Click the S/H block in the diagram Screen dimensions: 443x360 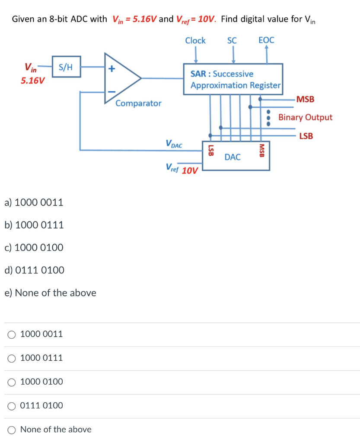coord(66,67)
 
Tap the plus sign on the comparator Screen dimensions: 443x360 coord(112,68)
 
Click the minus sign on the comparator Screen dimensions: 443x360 coord(112,91)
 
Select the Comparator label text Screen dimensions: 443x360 coord(138,103)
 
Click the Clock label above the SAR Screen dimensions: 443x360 coord(195,41)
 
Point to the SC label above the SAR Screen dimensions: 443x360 coord(232,41)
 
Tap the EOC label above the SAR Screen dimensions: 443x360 coord(266,41)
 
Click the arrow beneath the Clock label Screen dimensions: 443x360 coord(196,55)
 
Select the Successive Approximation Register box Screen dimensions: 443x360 coord(234,80)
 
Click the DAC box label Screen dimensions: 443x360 coord(233,157)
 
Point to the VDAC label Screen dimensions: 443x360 coord(174,144)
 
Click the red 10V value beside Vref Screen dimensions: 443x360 coord(190,170)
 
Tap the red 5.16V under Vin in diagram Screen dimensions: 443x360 coord(33,81)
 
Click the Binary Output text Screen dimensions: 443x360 coord(305,117)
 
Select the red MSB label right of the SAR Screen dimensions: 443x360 coord(306,100)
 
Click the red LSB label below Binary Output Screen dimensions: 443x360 coord(306,136)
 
